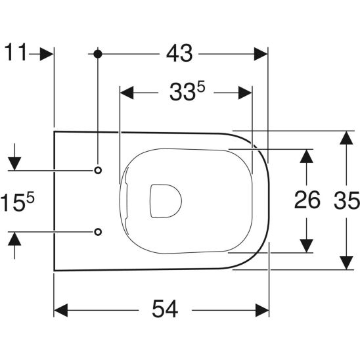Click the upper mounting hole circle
click(98, 171)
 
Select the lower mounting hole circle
click(98, 231)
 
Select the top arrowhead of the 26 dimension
click(306, 158)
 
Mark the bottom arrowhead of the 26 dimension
click(306, 244)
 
